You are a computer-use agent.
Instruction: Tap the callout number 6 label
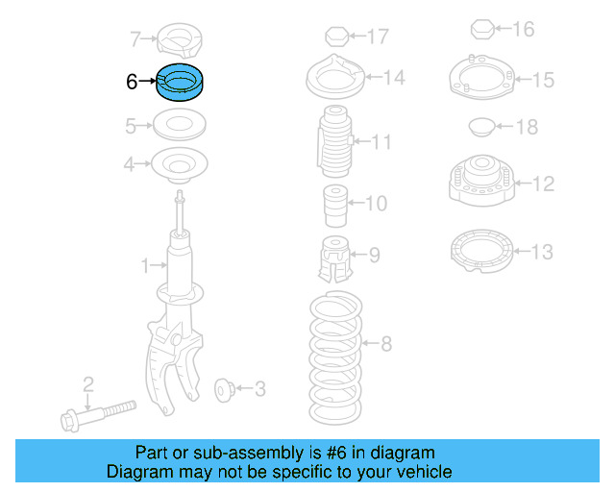(132, 82)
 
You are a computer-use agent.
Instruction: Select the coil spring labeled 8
(335, 357)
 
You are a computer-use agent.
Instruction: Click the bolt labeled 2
(98, 415)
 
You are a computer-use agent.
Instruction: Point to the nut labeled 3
(225, 390)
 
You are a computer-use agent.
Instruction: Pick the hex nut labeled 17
(337, 37)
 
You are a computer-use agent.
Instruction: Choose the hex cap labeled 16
(482, 29)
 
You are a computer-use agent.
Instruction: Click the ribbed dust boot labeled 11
(335, 141)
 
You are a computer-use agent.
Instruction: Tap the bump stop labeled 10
(335, 206)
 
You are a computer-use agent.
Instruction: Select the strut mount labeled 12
(481, 181)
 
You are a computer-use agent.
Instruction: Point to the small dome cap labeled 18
(482, 127)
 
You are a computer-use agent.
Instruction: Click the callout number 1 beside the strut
(145, 265)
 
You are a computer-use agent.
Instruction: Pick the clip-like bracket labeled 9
(335, 258)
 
